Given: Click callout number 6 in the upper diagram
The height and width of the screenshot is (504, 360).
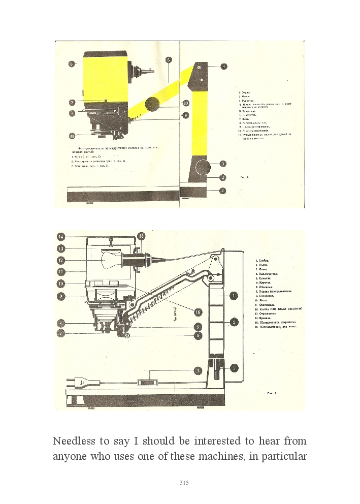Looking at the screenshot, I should pos(72,64).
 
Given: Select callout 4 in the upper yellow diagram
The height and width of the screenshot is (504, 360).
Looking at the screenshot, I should pos(223,66).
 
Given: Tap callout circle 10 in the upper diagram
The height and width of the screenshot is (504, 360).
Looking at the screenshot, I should pos(186,103).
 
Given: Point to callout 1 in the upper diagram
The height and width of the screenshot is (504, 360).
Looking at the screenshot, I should pos(222,191).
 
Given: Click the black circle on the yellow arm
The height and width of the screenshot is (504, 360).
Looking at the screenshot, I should pos(152,105).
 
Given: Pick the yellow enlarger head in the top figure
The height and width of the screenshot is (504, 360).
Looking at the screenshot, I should pos(105,76).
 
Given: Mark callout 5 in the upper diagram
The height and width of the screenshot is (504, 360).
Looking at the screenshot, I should pos(168,59).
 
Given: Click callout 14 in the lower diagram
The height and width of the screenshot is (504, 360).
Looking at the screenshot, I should pos(61,236).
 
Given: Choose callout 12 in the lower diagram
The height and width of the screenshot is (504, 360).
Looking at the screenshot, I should pos(61,260).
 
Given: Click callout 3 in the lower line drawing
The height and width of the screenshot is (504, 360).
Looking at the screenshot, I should pos(235,367).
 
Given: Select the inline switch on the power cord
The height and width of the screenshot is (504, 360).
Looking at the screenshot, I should pos(147,382).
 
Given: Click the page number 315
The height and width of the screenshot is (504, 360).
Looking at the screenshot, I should pos(184,483).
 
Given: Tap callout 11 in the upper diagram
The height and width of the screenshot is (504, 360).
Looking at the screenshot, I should pos(72,136).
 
